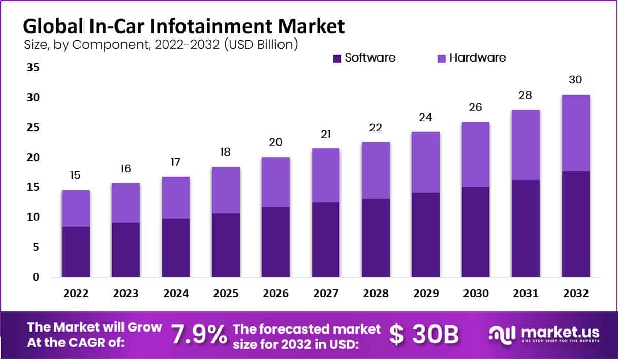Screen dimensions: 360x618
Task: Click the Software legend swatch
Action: (x=337, y=58)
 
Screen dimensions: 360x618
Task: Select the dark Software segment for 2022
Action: (x=76, y=252)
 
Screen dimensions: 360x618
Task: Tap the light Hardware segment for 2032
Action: (x=575, y=133)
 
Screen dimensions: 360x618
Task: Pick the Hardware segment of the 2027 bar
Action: (x=325, y=175)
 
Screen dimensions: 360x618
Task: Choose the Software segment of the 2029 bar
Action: (x=425, y=235)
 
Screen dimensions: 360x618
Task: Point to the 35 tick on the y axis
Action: (x=32, y=67)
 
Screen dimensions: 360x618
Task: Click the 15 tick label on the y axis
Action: (x=32, y=187)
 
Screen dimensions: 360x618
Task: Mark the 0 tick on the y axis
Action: (x=35, y=277)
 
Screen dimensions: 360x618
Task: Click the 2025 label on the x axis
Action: (x=226, y=294)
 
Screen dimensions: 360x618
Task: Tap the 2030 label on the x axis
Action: (x=476, y=294)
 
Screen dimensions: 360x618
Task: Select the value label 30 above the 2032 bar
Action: (x=575, y=80)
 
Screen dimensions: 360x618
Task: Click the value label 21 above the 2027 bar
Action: (x=325, y=134)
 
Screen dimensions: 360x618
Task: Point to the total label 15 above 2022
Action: (x=76, y=175)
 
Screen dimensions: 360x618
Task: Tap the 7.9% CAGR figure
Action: (x=199, y=335)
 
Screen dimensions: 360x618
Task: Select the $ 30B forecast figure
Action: (x=424, y=335)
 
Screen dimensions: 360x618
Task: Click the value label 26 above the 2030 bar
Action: (x=476, y=107)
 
